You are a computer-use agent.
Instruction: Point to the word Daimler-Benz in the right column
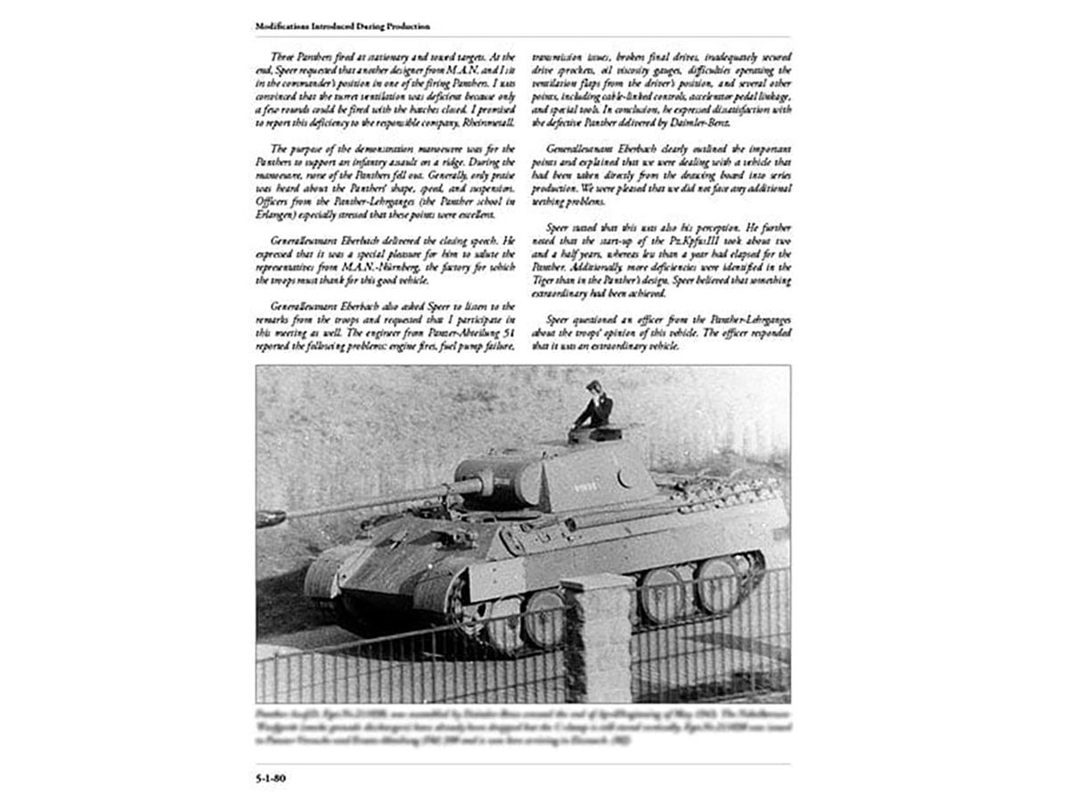(704, 122)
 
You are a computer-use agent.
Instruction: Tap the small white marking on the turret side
(588, 484)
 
